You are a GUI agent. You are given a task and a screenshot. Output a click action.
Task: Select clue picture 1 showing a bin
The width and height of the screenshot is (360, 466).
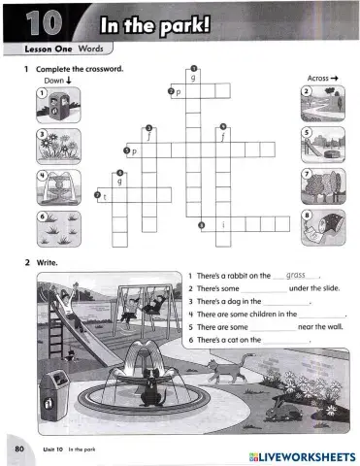coord(56,105)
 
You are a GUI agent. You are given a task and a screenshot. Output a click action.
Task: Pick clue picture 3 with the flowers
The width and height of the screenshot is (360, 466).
coord(56,146)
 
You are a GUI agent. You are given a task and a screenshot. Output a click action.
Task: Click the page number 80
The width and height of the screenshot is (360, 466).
coord(18,450)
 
